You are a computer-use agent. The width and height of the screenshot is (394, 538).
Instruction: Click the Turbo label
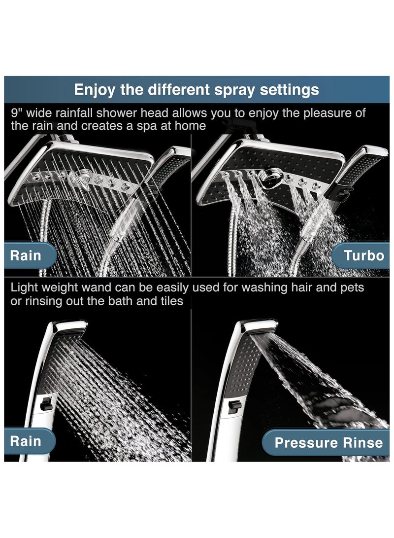tap(363, 255)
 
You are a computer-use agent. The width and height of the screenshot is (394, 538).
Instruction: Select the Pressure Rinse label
tap(328, 442)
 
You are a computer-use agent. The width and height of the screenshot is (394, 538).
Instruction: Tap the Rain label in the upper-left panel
tap(26, 255)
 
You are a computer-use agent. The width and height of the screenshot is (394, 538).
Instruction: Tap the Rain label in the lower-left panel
tap(26, 440)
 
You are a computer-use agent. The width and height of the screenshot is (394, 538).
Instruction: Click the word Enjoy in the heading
tap(93, 90)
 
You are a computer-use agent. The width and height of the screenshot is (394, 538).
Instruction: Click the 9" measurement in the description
tap(16, 113)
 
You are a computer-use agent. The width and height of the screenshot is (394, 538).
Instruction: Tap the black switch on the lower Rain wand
tap(46, 404)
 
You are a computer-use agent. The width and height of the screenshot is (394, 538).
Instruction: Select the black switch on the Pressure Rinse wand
tap(234, 406)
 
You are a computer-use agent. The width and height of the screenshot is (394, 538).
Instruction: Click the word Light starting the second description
tap(25, 287)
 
